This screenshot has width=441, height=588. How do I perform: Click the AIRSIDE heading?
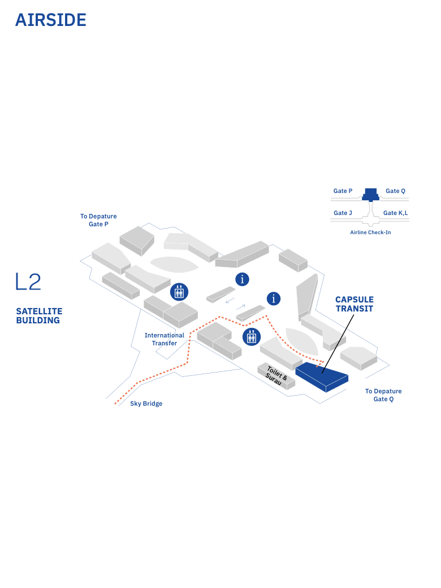(x=51, y=20)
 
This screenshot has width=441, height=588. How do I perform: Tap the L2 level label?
(x=28, y=282)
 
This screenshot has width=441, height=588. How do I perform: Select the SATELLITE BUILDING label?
(x=39, y=316)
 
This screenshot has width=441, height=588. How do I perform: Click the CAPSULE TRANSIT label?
(x=354, y=304)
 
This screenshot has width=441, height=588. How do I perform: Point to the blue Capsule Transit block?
(x=321, y=375)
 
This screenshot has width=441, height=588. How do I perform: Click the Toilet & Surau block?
(x=276, y=376)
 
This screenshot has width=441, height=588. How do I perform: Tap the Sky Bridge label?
(x=146, y=403)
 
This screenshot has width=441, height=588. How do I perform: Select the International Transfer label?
(x=165, y=339)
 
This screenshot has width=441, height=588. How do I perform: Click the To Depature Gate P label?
(x=98, y=220)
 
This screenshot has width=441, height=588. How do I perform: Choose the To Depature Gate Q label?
(x=383, y=395)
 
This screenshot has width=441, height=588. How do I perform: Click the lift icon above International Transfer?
(x=179, y=292)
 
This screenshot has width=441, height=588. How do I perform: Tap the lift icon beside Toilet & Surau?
(x=251, y=337)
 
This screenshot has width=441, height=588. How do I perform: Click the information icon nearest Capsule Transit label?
(x=274, y=299)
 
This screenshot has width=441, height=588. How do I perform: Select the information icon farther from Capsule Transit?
(x=243, y=279)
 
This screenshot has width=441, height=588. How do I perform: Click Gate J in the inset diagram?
(x=343, y=213)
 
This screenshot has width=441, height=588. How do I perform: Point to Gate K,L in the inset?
(x=396, y=213)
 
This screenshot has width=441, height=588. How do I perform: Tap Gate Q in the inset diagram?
(x=395, y=191)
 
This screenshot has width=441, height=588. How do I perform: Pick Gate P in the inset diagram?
(x=343, y=191)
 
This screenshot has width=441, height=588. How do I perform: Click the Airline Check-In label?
(x=370, y=232)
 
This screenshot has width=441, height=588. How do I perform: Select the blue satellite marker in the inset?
(x=370, y=195)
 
